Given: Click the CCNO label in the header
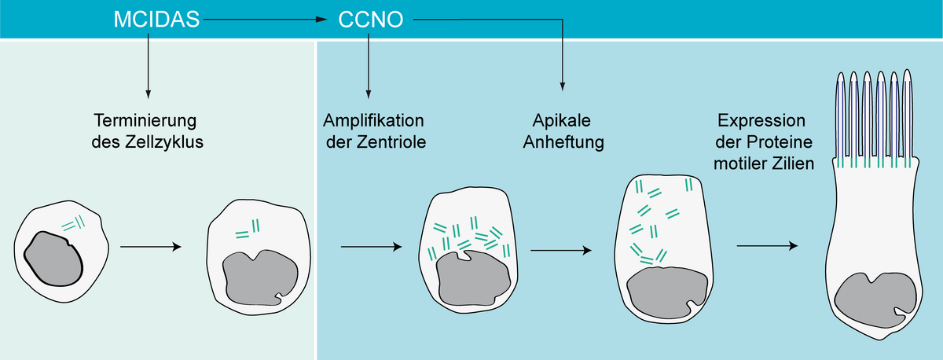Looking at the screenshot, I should (x=371, y=19).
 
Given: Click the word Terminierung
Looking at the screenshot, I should (x=144, y=122).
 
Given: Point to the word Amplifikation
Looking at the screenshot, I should (x=374, y=122).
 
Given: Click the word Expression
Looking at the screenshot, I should (x=762, y=122).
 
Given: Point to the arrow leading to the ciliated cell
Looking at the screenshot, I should (x=767, y=247).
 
